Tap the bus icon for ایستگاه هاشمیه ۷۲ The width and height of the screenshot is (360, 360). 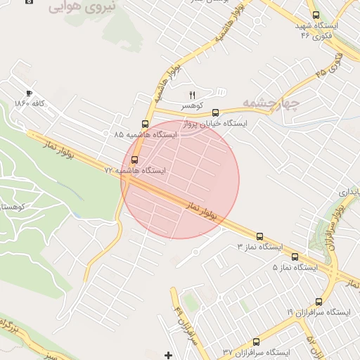(135, 160)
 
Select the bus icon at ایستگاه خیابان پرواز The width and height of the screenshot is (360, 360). (215, 112)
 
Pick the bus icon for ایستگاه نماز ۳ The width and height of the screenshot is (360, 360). (260, 236)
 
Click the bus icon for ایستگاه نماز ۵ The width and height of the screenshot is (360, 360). (295, 257)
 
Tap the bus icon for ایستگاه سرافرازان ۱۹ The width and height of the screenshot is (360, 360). (319, 301)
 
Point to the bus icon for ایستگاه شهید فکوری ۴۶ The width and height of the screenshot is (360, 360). (316, 15)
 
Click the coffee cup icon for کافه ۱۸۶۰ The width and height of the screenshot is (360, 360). (29, 93)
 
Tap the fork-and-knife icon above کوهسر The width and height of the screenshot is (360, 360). (191, 94)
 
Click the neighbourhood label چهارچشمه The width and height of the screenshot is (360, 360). (271, 103)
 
